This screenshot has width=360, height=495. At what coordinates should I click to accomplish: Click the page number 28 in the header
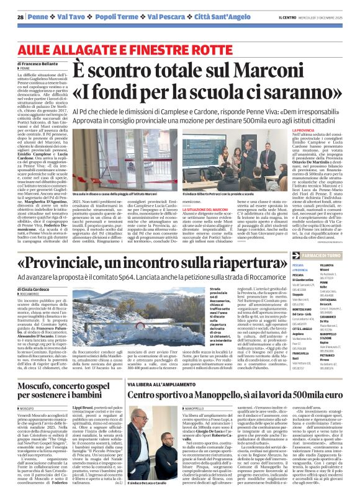20,16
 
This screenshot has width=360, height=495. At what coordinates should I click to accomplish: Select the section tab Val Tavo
72,16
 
